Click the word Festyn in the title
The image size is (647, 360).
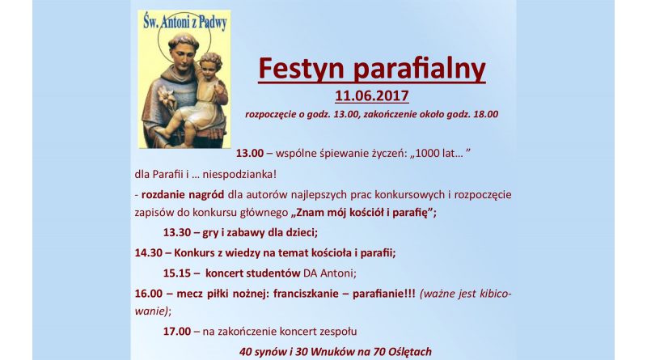[x=301, y=68]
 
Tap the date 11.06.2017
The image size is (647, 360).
[x=372, y=95]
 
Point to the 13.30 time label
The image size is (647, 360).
[x=176, y=232]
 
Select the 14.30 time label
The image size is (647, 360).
[x=149, y=252]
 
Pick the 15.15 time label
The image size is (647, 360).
[x=176, y=273]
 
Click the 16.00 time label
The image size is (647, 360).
[x=149, y=294]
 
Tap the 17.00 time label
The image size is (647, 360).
[x=177, y=332]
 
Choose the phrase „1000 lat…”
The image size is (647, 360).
[x=440, y=153]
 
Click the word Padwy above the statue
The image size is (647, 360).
[x=213, y=23]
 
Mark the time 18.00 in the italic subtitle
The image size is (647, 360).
[x=486, y=114]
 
